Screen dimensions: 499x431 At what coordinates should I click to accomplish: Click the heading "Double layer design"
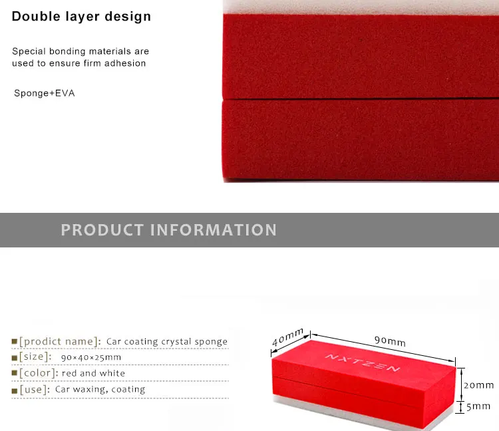click(x=81, y=17)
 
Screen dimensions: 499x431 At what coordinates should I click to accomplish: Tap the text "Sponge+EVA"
click(x=45, y=93)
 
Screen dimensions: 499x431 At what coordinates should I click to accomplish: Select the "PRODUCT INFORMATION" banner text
click(x=169, y=230)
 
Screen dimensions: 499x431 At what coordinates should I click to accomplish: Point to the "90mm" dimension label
click(x=390, y=341)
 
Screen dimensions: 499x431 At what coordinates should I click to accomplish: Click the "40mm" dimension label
click(x=287, y=337)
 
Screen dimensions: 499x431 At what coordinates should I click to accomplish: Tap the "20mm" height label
click(x=478, y=385)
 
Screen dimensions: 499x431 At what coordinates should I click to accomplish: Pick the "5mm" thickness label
click(x=478, y=406)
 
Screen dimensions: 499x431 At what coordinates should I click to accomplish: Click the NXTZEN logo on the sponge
click(x=363, y=362)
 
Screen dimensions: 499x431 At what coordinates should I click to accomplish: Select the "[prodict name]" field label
click(x=60, y=341)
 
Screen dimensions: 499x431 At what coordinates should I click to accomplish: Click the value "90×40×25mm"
click(x=91, y=358)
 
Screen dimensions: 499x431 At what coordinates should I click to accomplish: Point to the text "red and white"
click(x=93, y=373)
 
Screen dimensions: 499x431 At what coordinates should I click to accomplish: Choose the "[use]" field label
click(x=35, y=389)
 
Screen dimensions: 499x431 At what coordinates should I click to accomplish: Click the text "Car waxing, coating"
click(x=100, y=389)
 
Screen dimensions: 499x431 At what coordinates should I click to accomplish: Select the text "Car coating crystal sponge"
click(x=167, y=342)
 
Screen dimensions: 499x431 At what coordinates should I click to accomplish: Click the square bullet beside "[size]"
click(x=15, y=358)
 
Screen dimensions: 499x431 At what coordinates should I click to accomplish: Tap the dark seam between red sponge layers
click(x=361, y=99)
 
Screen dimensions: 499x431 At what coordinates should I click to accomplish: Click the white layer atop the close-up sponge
click(x=361, y=7)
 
